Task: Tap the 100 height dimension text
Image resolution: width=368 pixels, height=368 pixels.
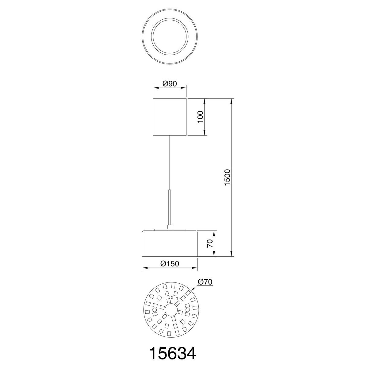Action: point(200,117)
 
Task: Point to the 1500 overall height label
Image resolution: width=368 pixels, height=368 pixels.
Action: point(227,177)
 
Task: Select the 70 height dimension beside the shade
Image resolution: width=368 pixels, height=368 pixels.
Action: point(210,243)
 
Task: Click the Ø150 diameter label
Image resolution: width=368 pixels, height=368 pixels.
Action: point(170,263)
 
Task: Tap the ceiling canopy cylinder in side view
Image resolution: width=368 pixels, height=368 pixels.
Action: point(170,117)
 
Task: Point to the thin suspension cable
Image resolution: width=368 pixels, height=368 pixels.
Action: point(170,163)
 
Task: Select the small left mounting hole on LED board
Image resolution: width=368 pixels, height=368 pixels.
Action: point(155,310)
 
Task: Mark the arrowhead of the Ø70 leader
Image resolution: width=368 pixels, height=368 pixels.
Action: point(193,289)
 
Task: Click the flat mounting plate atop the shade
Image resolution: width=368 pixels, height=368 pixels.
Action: point(170,229)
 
